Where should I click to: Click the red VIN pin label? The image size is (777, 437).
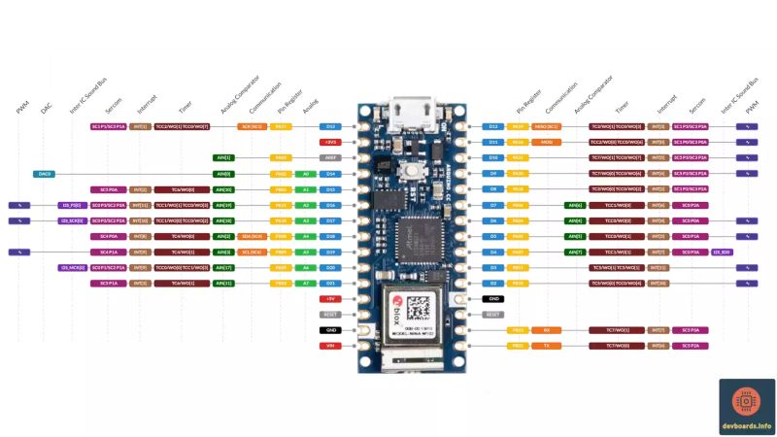point(330,346)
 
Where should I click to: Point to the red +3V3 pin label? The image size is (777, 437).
point(330,142)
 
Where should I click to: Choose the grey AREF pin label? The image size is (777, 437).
point(330,157)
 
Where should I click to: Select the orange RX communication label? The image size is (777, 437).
point(546,330)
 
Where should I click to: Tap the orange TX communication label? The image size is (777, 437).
point(546,346)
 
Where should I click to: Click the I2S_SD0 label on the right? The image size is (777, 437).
point(723,252)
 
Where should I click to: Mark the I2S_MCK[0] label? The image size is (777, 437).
point(72,267)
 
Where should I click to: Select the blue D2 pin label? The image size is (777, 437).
point(493,283)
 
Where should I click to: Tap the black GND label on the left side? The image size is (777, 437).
point(330,330)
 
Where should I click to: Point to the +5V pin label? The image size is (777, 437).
point(330,299)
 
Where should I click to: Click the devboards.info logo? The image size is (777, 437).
point(746,407)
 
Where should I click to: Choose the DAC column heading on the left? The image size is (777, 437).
point(46,110)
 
